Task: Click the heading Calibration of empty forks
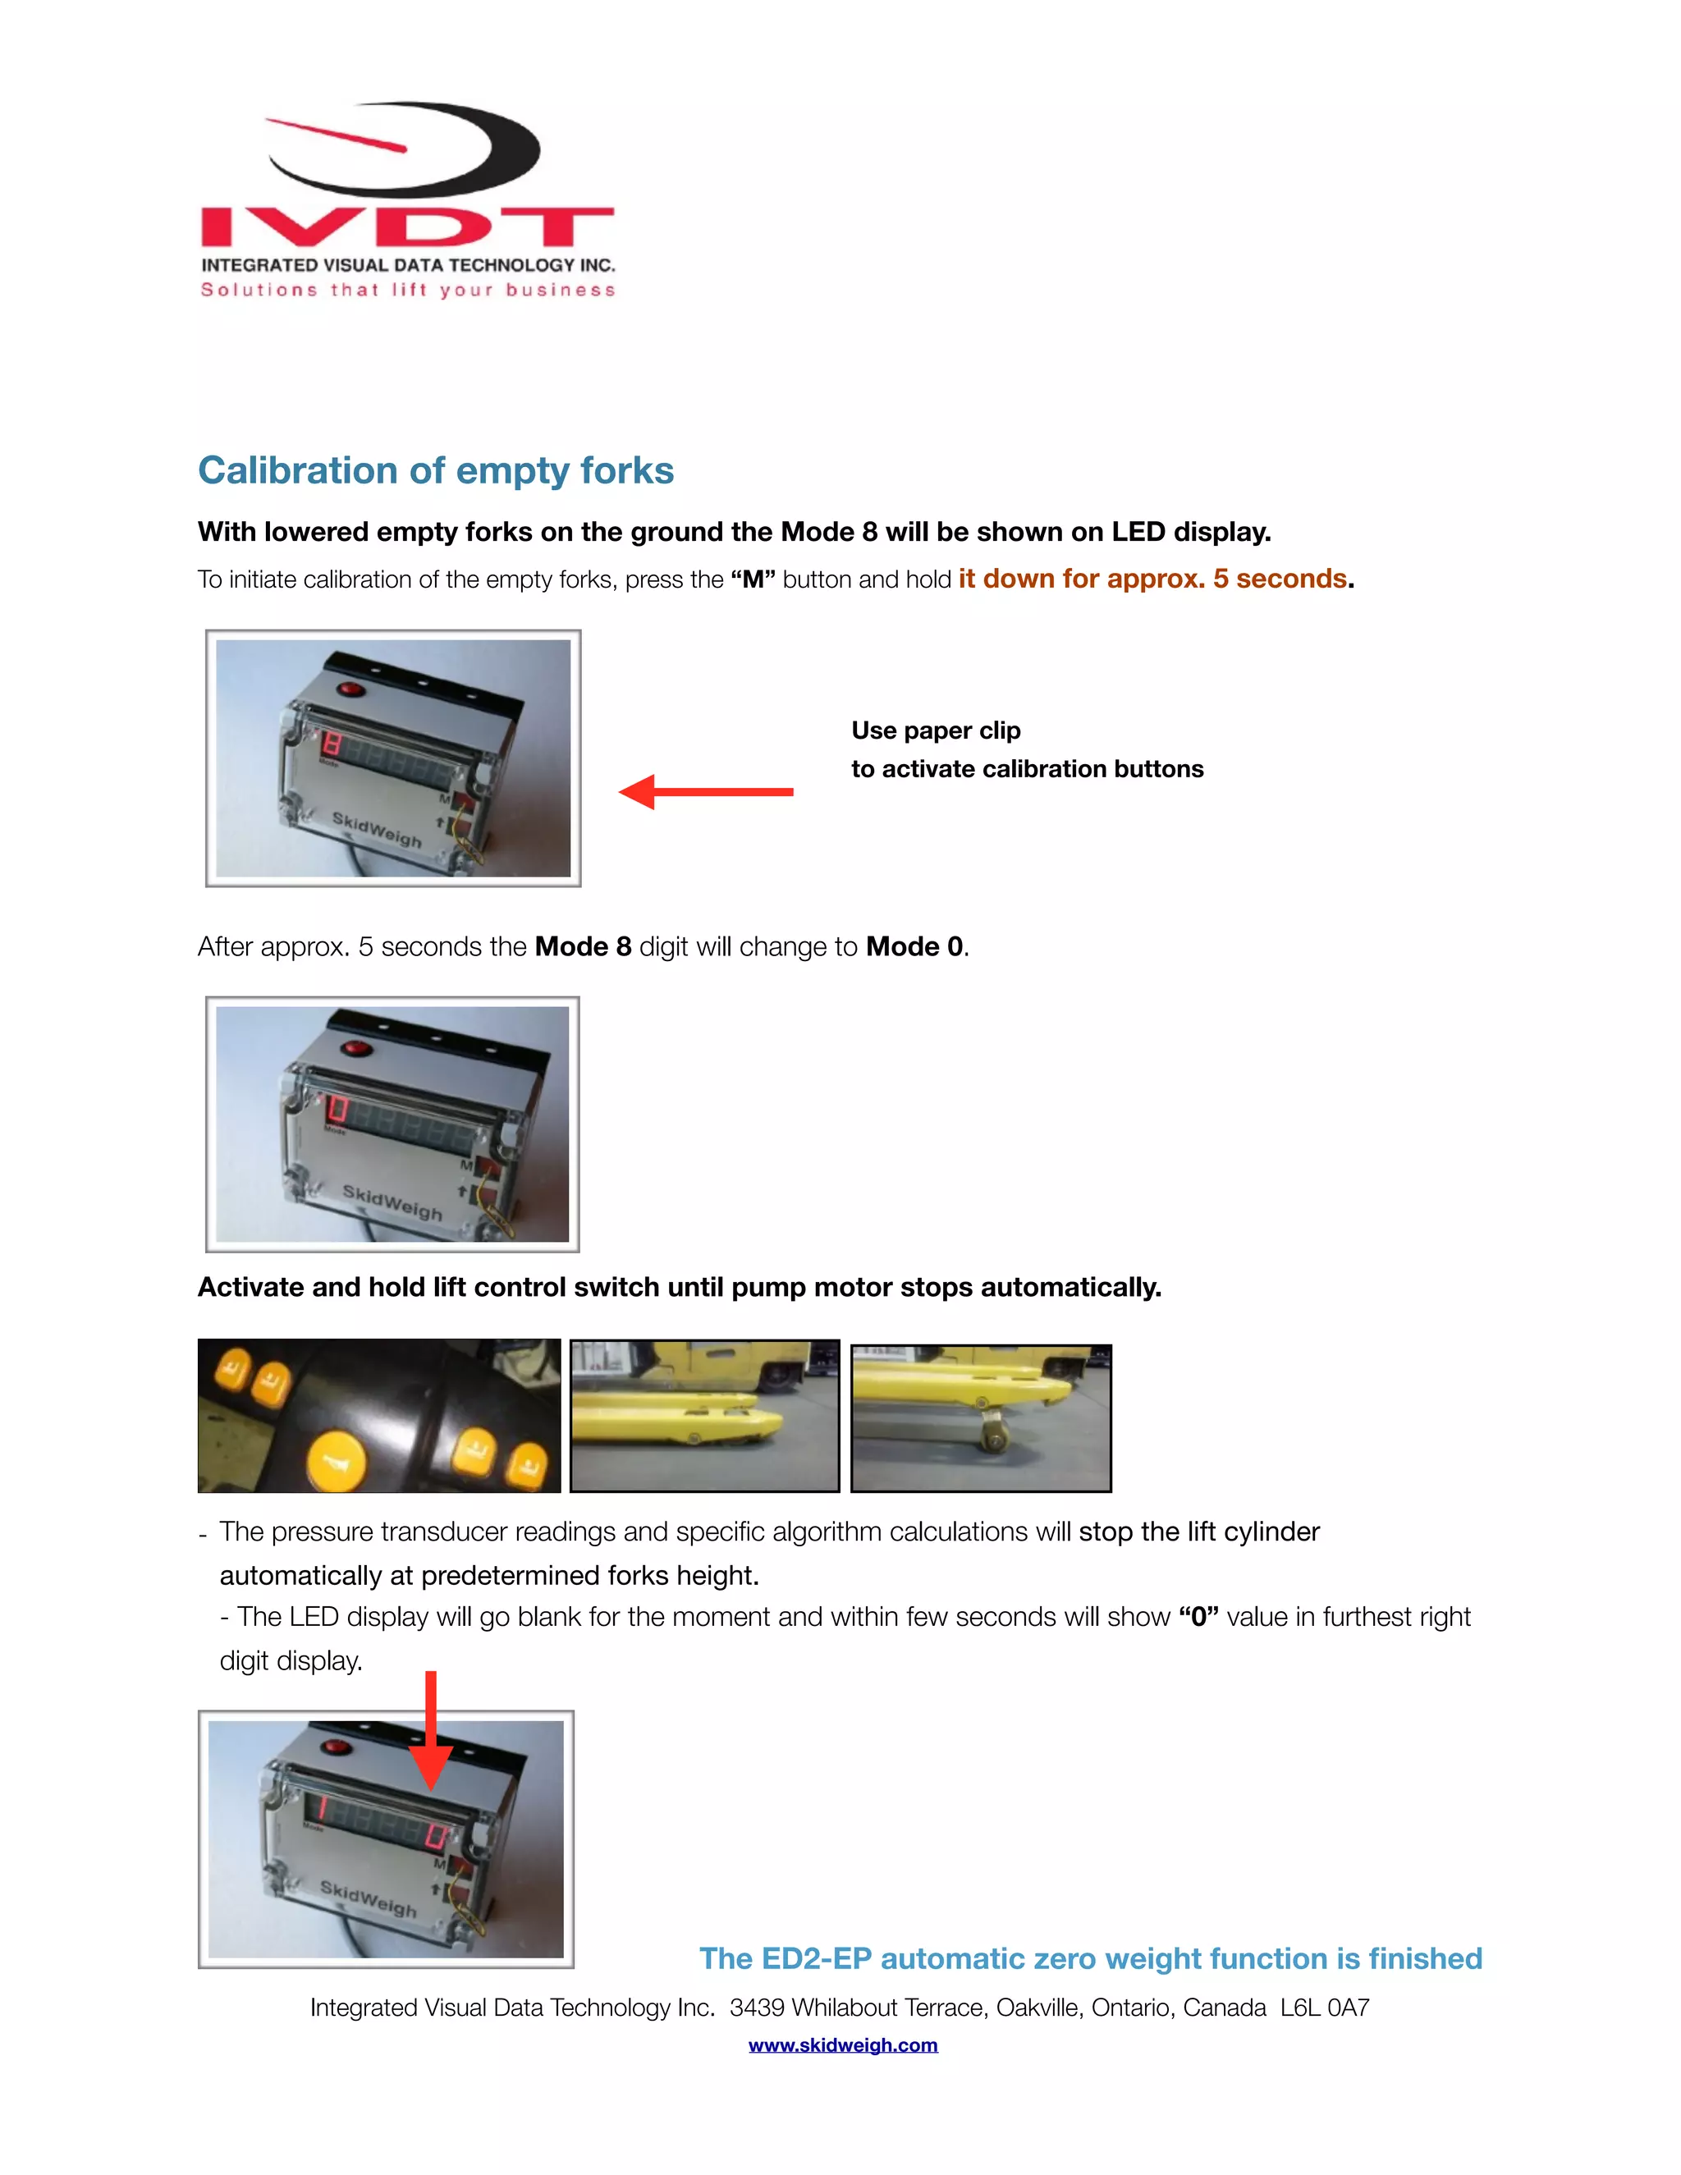pos(435,471)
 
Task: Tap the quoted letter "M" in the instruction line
pos(752,579)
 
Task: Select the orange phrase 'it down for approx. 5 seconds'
pos(1152,579)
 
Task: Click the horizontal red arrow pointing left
pos(704,792)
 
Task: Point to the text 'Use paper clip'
pos(935,731)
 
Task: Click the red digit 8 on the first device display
pos(332,744)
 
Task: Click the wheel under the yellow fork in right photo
pos(994,1435)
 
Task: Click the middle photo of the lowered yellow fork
pos(704,1415)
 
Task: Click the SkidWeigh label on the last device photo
pos(369,1899)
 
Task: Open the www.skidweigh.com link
pos(842,2044)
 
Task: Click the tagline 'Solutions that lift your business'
pos(407,290)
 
